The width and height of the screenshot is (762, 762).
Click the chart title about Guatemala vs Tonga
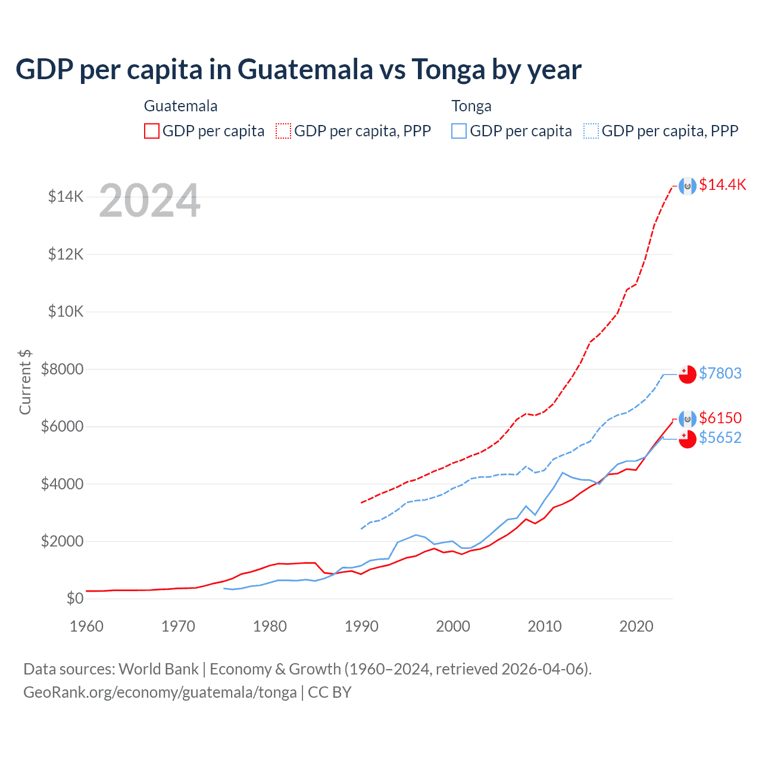(x=298, y=70)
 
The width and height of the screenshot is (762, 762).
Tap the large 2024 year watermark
(x=149, y=201)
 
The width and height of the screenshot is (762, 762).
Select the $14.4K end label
(x=722, y=185)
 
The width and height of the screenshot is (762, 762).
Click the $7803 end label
(x=720, y=373)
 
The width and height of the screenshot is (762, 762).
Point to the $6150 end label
(x=720, y=418)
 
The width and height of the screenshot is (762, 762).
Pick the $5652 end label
(x=720, y=438)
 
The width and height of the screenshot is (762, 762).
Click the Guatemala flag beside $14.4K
(x=688, y=186)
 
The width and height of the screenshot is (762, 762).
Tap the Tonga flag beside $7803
(x=688, y=374)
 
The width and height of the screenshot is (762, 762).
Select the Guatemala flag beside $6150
(x=688, y=419)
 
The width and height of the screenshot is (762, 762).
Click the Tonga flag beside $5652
(x=688, y=439)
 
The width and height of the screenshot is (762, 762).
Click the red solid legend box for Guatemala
(x=152, y=131)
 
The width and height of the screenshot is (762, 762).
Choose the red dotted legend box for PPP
(x=283, y=131)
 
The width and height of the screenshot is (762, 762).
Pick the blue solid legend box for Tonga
(x=459, y=131)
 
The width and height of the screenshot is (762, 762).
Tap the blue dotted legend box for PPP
(x=591, y=131)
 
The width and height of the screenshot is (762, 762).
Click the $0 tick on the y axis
(x=74, y=598)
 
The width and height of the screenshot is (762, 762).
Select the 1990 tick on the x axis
(x=361, y=626)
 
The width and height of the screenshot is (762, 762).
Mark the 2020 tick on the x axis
(x=636, y=626)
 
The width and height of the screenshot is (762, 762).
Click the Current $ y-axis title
(x=25, y=382)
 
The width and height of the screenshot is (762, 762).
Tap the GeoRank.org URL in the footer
(x=160, y=692)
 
